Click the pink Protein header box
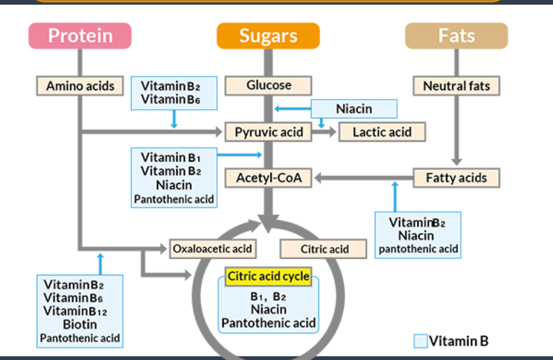tap(80, 36)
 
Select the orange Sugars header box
tap(268, 36)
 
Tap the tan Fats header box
tap(456, 36)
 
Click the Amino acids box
tap(80, 86)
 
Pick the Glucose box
tap(268, 86)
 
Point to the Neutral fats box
tap(456, 86)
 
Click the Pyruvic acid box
tap(268, 132)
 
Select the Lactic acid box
tap(382, 132)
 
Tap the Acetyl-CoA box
tap(268, 178)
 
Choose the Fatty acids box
tap(456, 178)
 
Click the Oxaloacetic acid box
tap(213, 249)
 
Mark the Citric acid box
tap(324, 249)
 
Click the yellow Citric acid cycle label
tap(268, 277)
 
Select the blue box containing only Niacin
tap(354, 109)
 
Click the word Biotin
tap(80, 324)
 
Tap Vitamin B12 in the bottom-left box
tap(75, 311)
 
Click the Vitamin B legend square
tap(421, 341)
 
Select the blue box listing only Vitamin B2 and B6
tap(174, 93)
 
